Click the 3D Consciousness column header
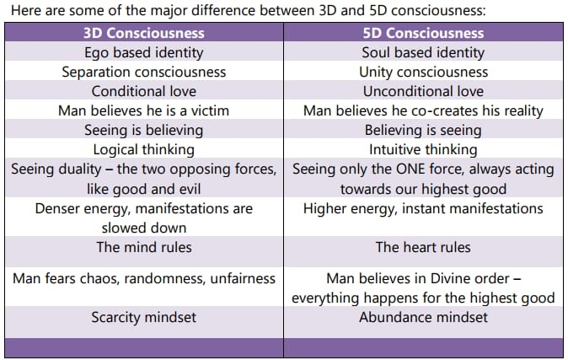point(143,33)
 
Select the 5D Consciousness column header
point(423,33)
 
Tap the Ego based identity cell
point(143,52)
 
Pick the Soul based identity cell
point(423,52)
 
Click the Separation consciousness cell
point(143,72)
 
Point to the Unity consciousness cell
point(423,72)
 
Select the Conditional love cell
point(143,91)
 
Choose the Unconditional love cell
point(423,91)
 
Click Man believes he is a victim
point(143,110)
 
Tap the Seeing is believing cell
point(143,130)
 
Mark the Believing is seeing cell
point(423,130)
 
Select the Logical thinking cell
point(143,149)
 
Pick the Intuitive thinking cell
point(423,149)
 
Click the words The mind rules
point(143,247)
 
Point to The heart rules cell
point(423,247)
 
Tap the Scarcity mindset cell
point(143,317)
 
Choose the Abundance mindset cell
point(423,317)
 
